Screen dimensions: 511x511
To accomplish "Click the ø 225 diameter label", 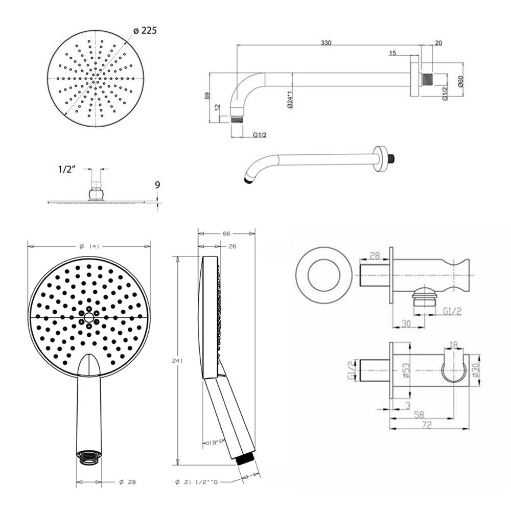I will tap(145, 31).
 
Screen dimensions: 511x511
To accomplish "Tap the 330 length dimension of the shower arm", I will tap(326, 43).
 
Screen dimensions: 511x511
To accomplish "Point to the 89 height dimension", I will tap(207, 96).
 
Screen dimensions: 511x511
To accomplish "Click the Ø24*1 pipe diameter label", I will tap(289, 100).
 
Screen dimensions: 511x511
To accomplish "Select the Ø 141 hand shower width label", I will tap(89, 246).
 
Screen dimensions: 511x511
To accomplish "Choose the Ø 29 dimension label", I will tap(127, 482).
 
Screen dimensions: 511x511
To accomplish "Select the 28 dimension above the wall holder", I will tap(374, 255).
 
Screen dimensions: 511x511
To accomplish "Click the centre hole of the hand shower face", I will tap(89, 317).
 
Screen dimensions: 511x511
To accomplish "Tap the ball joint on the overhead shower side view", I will tap(96, 194).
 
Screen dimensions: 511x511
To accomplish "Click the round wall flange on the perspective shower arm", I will tap(379, 158).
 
